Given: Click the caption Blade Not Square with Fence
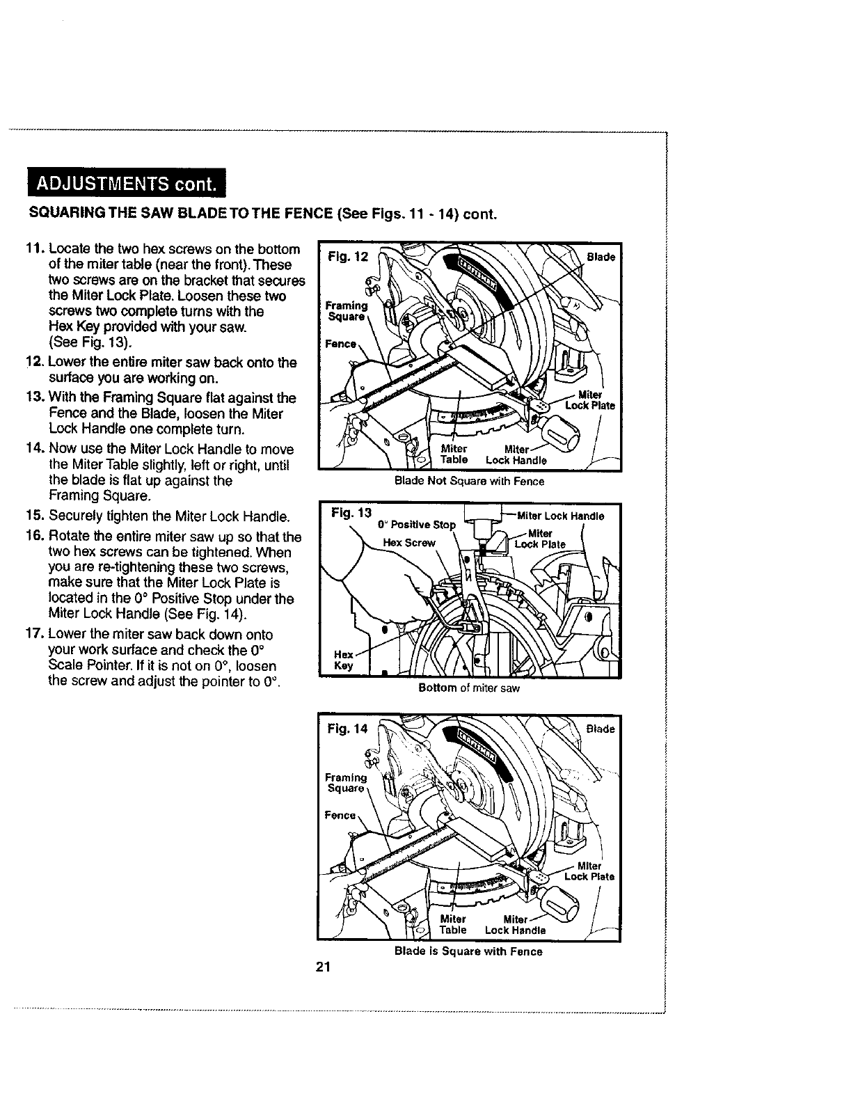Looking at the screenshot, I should point(469,482).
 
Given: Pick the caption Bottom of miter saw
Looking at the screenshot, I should point(468,688).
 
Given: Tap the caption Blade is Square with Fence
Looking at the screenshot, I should point(468,951).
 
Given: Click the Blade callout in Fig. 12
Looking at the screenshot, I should point(601,257).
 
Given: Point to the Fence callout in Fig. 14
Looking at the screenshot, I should point(342,815).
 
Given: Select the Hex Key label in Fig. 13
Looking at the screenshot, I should point(344,660).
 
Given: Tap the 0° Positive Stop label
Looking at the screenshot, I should point(416,524).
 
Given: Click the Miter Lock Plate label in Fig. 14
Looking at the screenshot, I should point(589,871).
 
